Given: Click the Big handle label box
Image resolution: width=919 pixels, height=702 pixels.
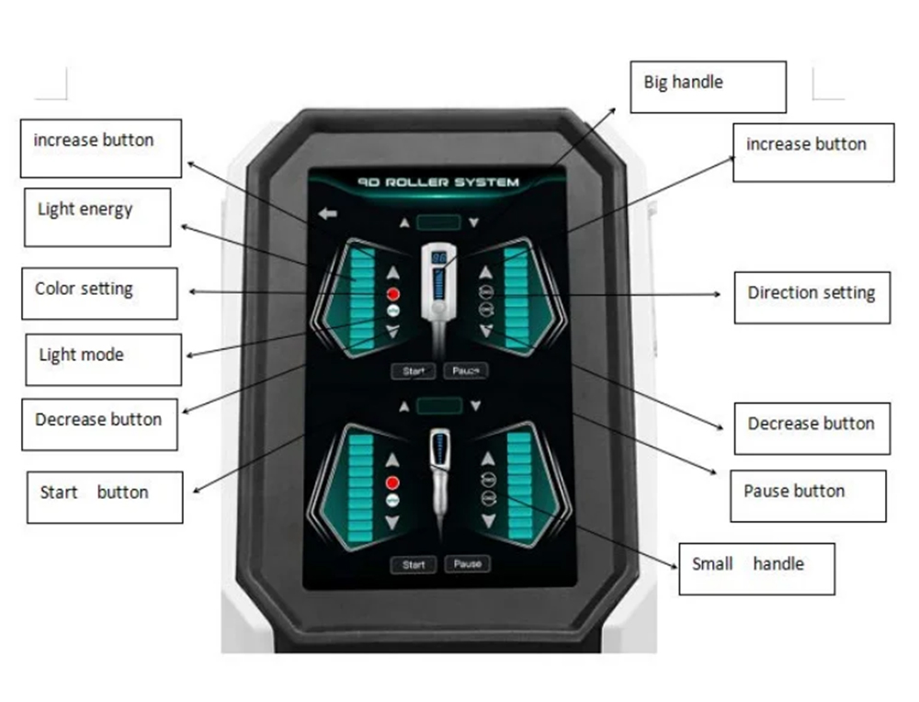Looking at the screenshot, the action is tap(708, 86).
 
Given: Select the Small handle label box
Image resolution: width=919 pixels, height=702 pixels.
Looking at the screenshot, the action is tap(756, 569).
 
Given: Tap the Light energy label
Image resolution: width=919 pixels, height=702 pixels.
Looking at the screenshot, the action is tap(97, 218).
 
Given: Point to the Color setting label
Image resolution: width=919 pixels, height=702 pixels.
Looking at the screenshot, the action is tap(99, 294).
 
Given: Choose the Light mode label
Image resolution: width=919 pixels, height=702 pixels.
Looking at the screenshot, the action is tap(103, 360).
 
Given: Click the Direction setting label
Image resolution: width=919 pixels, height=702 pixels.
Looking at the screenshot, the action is tap(812, 298).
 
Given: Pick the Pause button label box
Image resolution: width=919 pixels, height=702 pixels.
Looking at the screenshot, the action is tap(808, 496).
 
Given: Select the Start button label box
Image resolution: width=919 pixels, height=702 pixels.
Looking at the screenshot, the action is tap(105, 497).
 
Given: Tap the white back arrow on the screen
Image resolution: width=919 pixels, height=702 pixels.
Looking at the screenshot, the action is tap(328, 214).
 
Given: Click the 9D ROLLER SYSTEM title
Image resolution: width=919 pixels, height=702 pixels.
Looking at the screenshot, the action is tap(438, 182).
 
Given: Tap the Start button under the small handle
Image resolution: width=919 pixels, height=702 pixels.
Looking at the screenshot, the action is tap(414, 565).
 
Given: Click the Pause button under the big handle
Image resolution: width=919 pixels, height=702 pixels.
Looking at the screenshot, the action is tap(466, 371).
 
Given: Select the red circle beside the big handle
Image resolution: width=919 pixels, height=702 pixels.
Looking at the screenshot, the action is tap(393, 294).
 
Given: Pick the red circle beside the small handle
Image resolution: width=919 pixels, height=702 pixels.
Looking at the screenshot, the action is tap(392, 482).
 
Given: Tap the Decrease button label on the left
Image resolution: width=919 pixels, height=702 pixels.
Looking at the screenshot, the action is tap(99, 425).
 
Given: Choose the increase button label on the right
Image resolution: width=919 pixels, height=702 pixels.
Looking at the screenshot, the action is tap(813, 153).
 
